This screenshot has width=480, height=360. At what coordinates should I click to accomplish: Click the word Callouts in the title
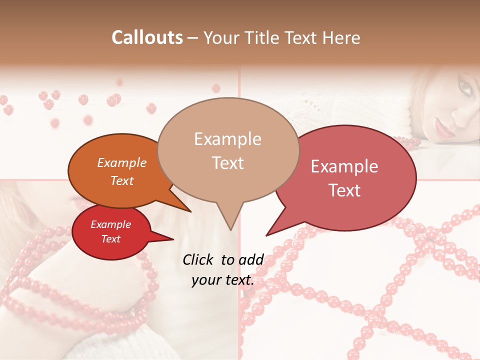click(147, 37)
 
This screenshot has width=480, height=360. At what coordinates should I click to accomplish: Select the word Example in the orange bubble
click(121, 162)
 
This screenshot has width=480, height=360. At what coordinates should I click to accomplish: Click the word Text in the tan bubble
click(228, 163)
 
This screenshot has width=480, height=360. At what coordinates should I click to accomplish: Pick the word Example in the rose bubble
click(344, 166)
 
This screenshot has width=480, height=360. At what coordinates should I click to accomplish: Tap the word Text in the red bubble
click(111, 239)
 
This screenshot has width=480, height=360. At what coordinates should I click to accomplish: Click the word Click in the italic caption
click(198, 259)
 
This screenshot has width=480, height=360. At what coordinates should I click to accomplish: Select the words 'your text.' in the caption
click(223, 280)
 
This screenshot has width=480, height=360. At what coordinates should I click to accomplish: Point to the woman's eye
click(464, 88)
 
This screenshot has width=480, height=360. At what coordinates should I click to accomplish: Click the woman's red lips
click(444, 129)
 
